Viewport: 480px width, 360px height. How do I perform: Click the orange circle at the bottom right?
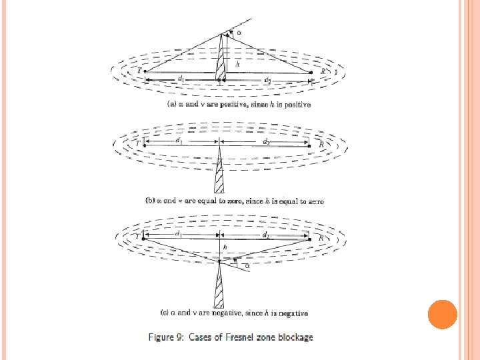441,314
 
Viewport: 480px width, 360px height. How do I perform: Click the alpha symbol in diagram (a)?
239,31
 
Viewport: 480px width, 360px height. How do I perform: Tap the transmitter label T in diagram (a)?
139,70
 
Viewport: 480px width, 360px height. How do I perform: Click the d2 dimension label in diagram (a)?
267,80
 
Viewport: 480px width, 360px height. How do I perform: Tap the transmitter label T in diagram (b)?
137,143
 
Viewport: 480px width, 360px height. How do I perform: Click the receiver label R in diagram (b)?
321,143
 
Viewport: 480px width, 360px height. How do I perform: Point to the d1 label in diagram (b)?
179,141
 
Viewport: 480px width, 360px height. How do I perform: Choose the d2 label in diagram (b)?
266,141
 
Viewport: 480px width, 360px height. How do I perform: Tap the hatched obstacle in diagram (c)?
219,287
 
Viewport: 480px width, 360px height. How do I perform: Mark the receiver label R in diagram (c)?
321,237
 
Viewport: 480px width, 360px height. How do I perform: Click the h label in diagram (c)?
225,247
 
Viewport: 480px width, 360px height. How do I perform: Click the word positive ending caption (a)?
296,105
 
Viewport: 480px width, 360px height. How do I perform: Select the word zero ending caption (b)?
315,201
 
